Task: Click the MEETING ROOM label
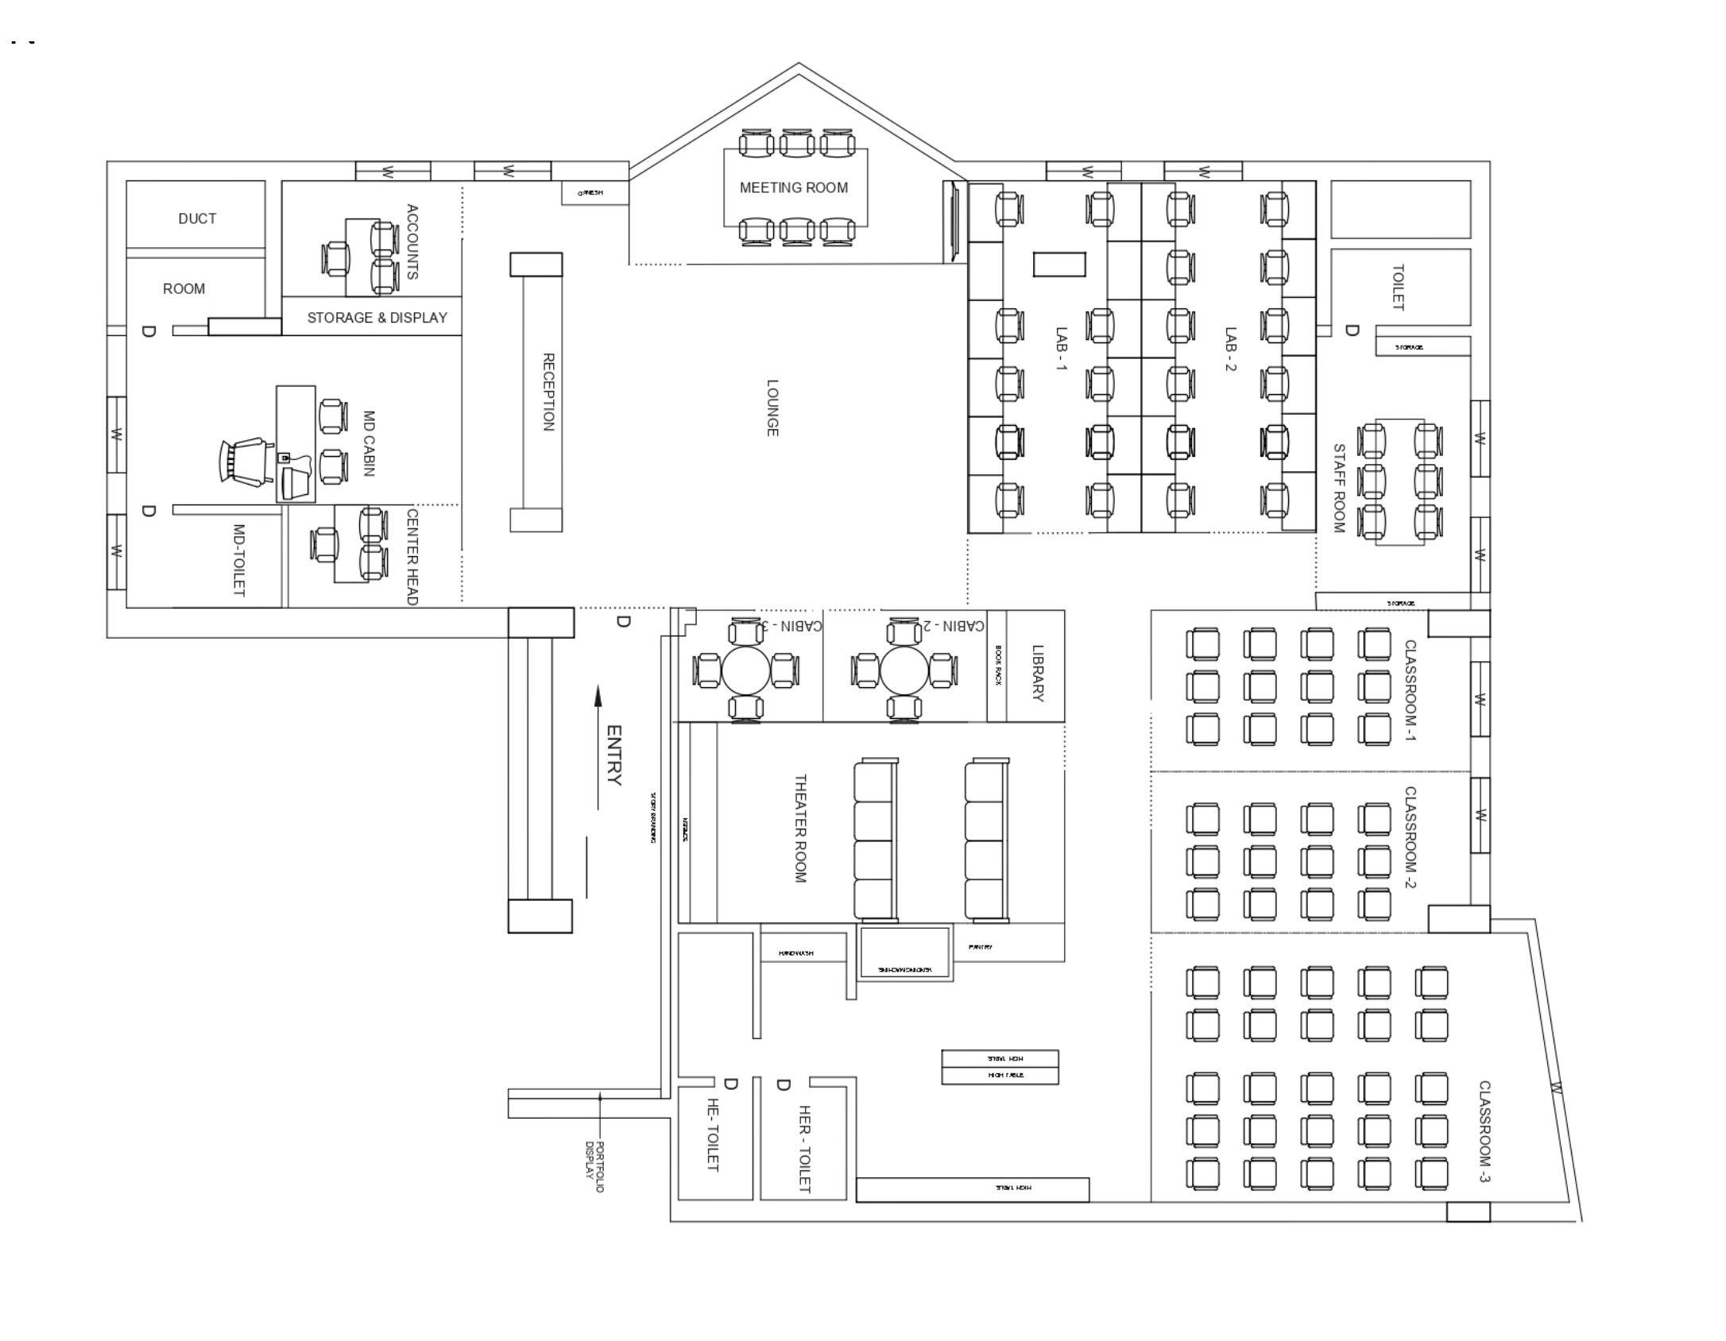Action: [793, 187]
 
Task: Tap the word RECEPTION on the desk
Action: [548, 392]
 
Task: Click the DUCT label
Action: [197, 218]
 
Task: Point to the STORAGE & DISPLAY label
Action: [377, 318]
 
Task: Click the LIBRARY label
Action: [1037, 673]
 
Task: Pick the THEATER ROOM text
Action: [800, 829]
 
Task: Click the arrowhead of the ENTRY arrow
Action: [598, 696]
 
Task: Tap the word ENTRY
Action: [613, 755]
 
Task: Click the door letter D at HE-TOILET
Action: [731, 1084]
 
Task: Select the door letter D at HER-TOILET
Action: [783, 1084]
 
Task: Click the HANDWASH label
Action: [795, 953]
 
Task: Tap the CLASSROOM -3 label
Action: [1484, 1131]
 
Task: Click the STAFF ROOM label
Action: [1338, 488]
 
